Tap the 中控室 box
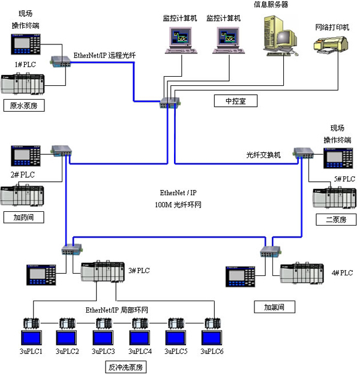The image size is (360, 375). pos(236,101)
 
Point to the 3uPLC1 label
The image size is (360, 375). pos(32,351)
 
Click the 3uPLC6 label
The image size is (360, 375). pos(212,351)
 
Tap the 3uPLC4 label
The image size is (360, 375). pos(140,351)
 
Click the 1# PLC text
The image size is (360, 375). pos(25,64)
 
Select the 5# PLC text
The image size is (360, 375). pos(345,179)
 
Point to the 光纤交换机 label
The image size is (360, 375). pos(263,154)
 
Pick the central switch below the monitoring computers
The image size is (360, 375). pos(167,103)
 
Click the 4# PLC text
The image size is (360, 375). pos(342,273)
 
